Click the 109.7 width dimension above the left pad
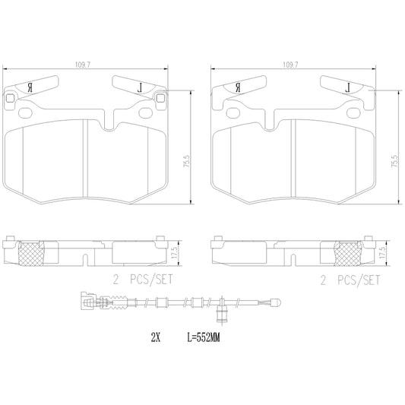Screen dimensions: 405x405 (x=94, y=66)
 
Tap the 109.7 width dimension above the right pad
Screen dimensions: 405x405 (x=290, y=66)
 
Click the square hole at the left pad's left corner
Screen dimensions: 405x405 (x=9, y=98)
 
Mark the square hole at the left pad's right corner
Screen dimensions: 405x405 (x=160, y=97)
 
